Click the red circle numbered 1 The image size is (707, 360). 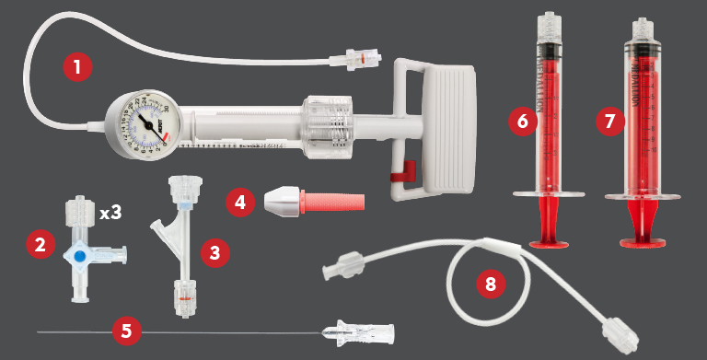coord(78,67)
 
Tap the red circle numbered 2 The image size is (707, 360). coord(39,244)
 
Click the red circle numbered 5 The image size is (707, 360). coord(126,330)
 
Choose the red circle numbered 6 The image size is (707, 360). coord(522,122)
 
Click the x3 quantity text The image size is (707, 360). coord(110,213)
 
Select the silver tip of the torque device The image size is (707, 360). coord(284,201)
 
